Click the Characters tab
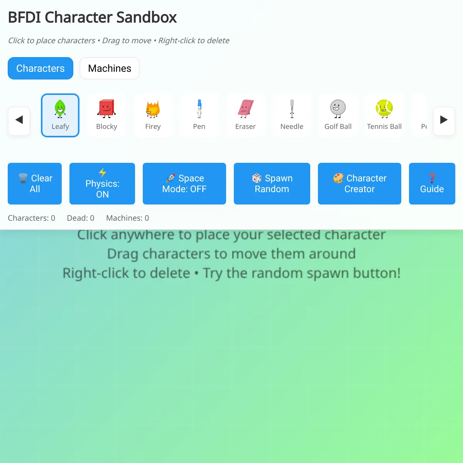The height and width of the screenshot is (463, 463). coord(41,68)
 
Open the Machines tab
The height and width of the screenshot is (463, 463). coord(110,68)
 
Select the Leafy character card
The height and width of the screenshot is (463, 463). coord(60,115)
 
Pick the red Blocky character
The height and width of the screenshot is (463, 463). coord(106,115)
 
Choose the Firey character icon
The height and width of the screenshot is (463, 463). coord(153,115)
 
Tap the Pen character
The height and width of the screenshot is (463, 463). coord(199,115)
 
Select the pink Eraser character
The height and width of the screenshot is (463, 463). coord(245,115)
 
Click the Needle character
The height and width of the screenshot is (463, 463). coord(292,115)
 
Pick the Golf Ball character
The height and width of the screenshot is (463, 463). coord(338,115)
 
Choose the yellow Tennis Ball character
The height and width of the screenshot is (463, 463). coord(384,115)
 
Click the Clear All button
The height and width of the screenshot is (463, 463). coord(35,184)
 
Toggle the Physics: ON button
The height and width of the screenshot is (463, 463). coord(102,184)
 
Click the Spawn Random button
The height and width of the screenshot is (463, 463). coord(272,184)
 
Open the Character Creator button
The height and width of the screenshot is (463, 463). coord(360,184)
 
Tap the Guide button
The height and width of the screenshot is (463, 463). coord(432,184)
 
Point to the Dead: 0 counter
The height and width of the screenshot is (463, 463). coord(81,218)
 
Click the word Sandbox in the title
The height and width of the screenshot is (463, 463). coord(147,17)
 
